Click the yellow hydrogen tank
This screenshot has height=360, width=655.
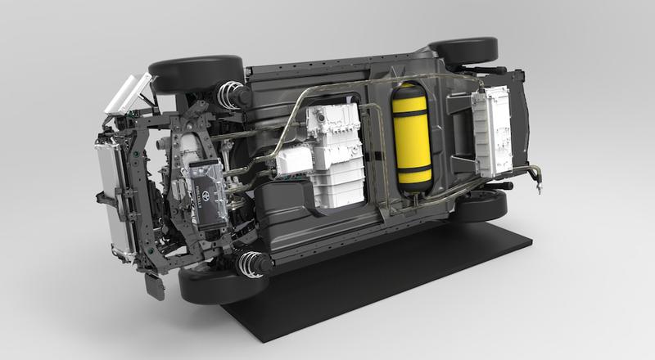(412, 137)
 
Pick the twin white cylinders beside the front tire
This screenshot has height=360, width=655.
(129, 92)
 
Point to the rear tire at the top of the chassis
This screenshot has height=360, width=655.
(462, 51)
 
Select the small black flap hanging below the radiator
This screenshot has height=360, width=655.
(155, 286)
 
